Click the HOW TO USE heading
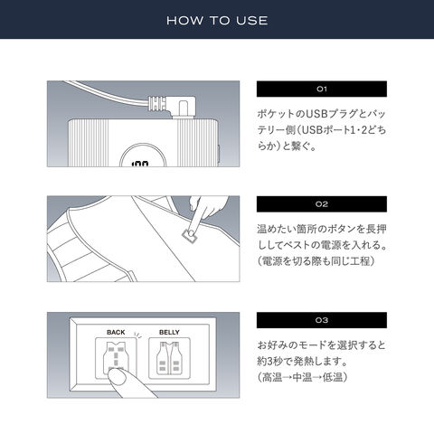217,21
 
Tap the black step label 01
322,89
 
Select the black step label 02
322,204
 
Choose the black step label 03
322,320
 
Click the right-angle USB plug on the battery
174,106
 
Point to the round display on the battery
143,156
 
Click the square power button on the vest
190,235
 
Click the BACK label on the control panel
116,332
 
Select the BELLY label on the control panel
169,332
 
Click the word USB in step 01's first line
316,114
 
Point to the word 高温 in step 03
272,377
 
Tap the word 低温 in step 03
333,377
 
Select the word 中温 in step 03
302,377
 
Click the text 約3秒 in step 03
269,361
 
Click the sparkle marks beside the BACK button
137,335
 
